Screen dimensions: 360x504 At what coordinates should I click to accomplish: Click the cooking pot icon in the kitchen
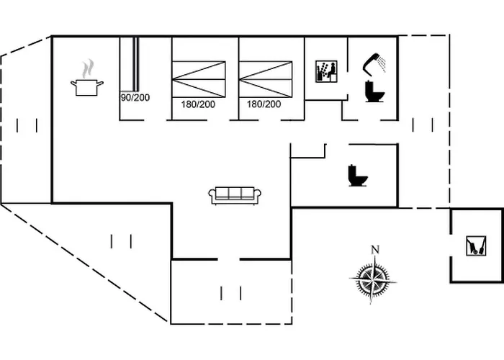coord(86,88)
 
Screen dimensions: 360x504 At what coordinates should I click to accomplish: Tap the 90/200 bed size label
coord(135,97)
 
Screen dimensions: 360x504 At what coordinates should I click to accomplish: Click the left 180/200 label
coord(198,104)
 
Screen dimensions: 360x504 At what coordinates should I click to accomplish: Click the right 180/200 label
coord(264,104)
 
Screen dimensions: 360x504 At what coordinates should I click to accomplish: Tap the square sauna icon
coord(327,73)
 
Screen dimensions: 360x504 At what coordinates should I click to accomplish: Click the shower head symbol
coord(374,63)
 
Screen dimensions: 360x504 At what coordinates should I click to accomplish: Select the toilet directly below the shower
coord(375,92)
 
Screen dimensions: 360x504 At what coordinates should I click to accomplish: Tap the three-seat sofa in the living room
coord(235,194)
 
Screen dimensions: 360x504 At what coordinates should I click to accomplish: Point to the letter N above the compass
coord(374,250)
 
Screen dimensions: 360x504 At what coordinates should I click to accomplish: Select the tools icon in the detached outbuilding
coord(472,246)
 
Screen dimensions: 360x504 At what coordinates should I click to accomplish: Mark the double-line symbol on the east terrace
coord(423,125)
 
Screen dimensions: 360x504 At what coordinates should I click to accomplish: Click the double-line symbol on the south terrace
coord(230,292)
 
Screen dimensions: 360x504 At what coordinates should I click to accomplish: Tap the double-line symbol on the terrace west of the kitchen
coord(27,125)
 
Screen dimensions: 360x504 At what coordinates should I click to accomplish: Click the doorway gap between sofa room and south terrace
coord(228,258)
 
